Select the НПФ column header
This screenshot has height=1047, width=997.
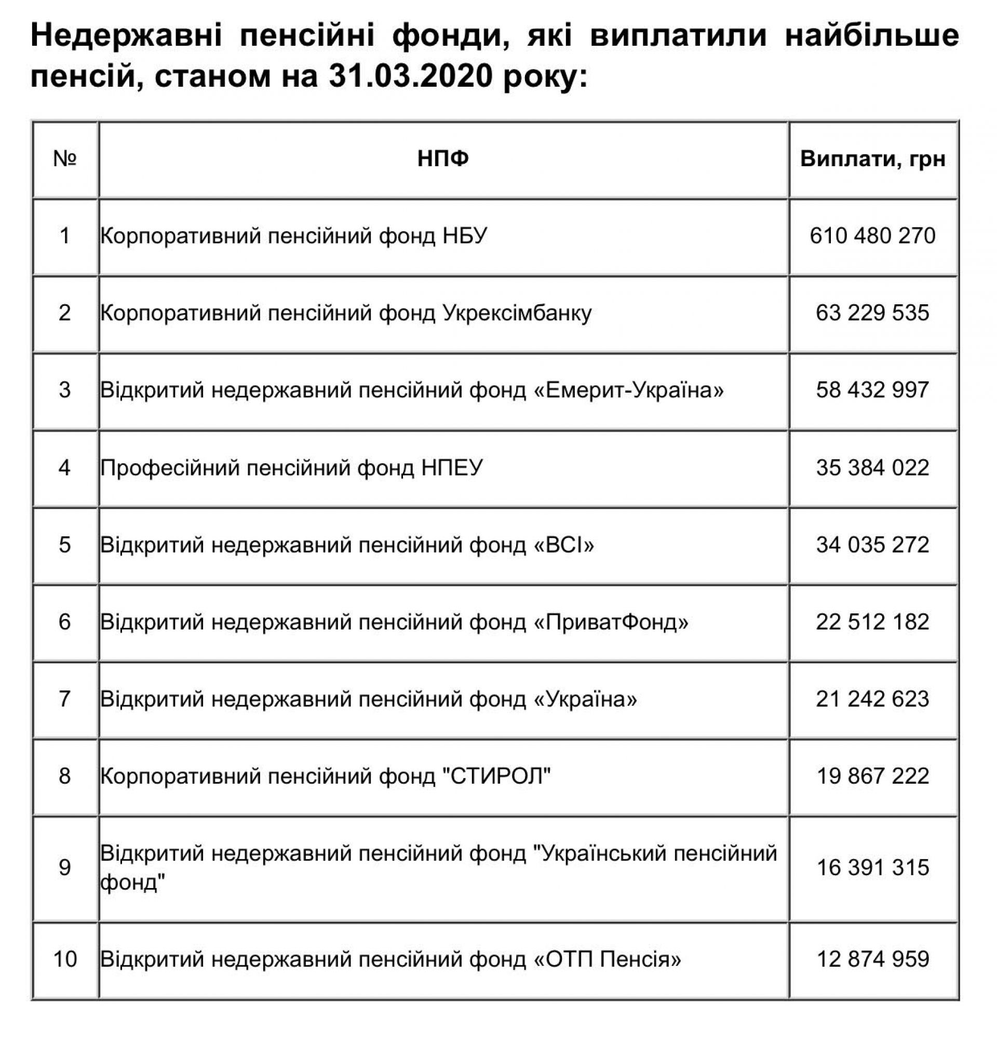[443, 158]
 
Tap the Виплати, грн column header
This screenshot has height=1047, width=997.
[873, 158]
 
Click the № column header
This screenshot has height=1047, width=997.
[65, 158]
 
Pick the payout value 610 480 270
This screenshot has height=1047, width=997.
[873, 235]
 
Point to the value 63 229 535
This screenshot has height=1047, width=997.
[873, 313]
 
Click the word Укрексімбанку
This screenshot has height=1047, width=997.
[517, 313]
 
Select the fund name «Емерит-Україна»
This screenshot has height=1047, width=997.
[628, 390]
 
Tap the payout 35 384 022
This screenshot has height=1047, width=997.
[873, 467]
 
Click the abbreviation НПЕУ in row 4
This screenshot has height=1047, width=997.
[452, 467]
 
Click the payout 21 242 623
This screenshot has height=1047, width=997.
[873, 699]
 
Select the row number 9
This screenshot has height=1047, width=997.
[65, 867]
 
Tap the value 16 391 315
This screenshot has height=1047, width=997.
[873, 867]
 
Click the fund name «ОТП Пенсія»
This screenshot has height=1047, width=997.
[607, 959]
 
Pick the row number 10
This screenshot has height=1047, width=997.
[65, 959]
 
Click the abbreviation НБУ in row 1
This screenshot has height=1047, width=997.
[465, 235]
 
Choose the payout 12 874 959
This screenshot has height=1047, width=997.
[873, 959]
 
